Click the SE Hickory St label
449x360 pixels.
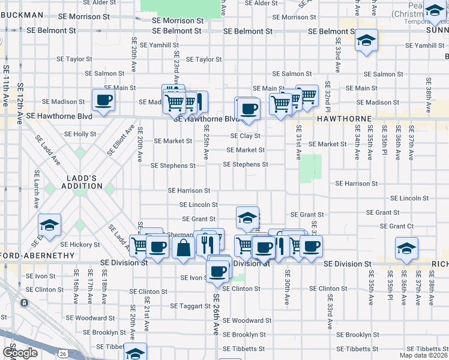[x=80, y=245]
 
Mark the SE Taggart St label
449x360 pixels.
[x=190, y=306]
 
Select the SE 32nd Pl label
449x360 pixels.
[x=328, y=95]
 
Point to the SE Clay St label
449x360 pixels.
[x=246, y=136]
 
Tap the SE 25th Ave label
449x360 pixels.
[x=206, y=142]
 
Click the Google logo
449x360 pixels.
[x=20, y=352]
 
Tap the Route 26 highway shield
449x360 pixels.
[x=63, y=354]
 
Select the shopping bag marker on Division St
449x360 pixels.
[x=184, y=247]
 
